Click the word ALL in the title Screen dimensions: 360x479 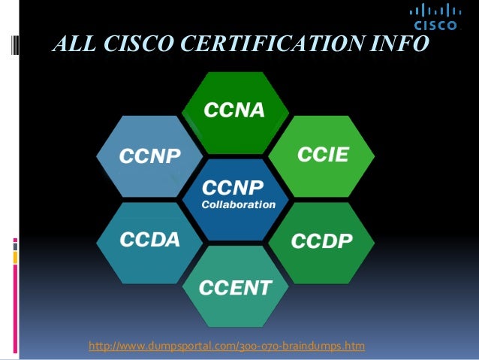[x=73, y=46]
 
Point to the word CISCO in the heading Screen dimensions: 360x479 [x=140, y=46]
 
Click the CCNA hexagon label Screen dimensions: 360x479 [x=235, y=111]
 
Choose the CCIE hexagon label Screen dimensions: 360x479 [x=324, y=155]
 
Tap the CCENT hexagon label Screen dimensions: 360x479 [x=235, y=286]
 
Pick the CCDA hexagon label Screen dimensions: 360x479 [x=150, y=240]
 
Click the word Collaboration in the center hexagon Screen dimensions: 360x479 [x=238, y=204]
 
